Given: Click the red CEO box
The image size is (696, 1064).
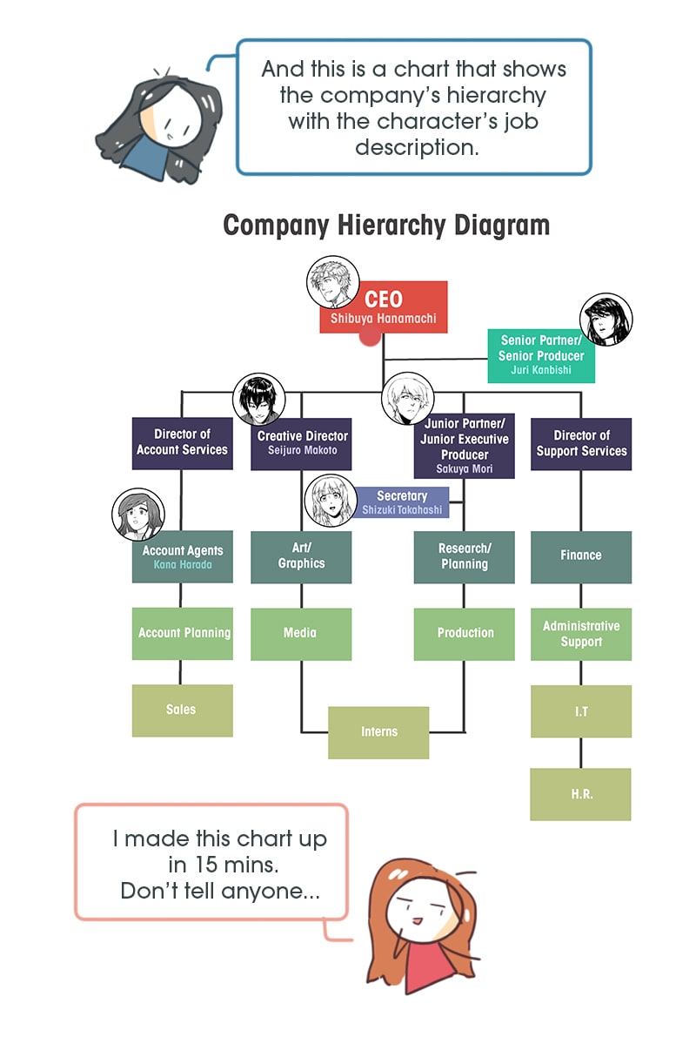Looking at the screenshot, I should [x=383, y=307].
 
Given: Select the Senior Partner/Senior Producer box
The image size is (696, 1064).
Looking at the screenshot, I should [x=541, y=355].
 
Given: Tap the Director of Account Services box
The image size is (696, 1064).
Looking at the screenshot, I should [x=182, y=442].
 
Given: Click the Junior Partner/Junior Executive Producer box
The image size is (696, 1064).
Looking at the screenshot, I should [x=465, y=446].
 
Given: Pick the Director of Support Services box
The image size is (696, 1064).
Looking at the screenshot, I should [x=581, y=443].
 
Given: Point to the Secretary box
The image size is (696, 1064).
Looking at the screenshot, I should [x=402, y=502].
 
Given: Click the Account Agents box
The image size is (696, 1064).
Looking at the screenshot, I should [x=182, y=556].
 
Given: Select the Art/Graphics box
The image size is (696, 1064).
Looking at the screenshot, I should [x=301, y=556].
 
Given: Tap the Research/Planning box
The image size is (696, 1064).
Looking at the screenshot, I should [x=465, y=556].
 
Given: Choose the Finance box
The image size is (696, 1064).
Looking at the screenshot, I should [x=581, y=556].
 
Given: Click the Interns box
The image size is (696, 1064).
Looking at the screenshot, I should [x=378, y=732].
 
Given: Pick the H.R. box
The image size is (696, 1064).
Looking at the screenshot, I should [x=580, y=794].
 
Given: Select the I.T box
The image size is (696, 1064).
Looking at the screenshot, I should [x=581, y=711].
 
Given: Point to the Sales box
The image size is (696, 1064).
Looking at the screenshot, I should [x=182, y=710].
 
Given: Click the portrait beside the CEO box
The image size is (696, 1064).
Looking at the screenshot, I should [x=333, y=282].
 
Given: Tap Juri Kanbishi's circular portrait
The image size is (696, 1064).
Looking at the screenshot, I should [x=606, y=320].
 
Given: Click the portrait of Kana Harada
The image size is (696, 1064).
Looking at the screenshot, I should [x=138, y=515].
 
